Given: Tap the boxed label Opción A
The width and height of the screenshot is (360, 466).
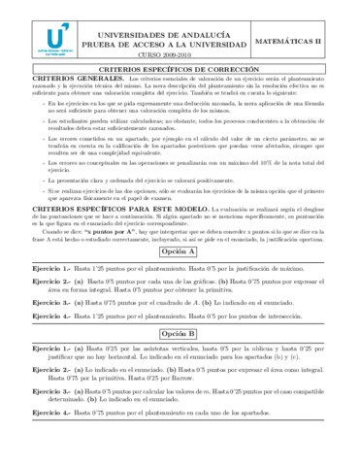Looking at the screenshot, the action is coord(180,249).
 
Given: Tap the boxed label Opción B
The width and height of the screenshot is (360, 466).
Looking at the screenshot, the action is coord(180,331).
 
